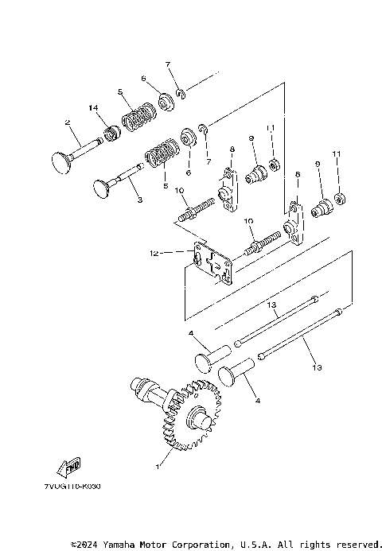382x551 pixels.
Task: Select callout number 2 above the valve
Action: [x=69, y=122]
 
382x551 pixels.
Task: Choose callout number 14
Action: [x=93, y=107]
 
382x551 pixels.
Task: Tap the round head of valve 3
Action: [x=101, y=188]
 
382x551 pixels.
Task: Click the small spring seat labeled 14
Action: [x=111, y=128]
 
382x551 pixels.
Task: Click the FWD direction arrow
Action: [x=72, y=467]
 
